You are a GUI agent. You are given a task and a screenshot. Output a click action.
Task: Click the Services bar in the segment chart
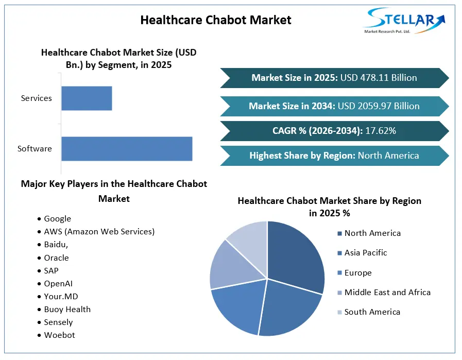click(x=87, y=98)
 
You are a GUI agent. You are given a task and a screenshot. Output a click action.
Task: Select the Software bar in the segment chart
click(x=127, y=149)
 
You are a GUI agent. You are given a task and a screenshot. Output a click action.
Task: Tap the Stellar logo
click(x=404, y=21)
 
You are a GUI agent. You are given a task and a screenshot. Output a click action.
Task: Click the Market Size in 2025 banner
click(x=334, y=78)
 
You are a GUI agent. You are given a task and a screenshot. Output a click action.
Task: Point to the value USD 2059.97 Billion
click(x=379, y=106)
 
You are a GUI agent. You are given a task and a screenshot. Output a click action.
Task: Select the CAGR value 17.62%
click(x=381, y=131)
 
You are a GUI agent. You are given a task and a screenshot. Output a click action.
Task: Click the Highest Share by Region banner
click(x=334, y=156)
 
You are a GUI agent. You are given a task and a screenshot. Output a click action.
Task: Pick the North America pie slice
click(x=295, y=256)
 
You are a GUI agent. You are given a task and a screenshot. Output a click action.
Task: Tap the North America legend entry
click(x=369, y=233)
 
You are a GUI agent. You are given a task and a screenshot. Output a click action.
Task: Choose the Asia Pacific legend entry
click(x=362, y=253)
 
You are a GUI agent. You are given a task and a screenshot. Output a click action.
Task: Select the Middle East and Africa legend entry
click(x=384, y=293)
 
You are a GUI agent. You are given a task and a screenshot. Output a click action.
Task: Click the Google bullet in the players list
click(x=55, y=219)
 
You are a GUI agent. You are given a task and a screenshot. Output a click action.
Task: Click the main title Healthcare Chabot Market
click(x=216, y=20)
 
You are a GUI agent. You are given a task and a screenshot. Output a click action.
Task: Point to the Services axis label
click(x=36, y=98)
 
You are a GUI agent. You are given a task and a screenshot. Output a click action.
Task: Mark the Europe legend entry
click(x=354, y=273)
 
